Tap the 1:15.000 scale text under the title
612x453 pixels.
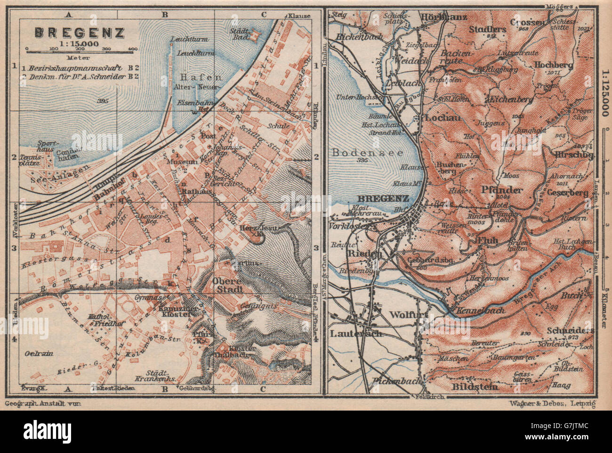79,43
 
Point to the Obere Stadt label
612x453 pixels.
228,285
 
